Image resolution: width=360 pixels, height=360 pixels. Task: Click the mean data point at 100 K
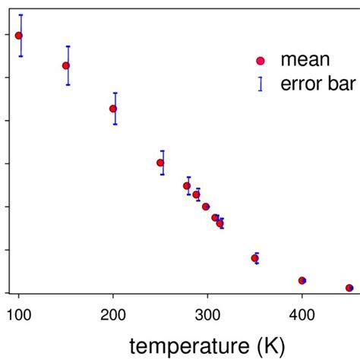point(19,36)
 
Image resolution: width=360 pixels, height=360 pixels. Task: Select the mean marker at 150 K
point(66,65)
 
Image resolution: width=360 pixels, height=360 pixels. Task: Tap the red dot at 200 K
point(113,109)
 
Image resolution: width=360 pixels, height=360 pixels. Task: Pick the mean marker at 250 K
point(160,163)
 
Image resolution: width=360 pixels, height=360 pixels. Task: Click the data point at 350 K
point(255,258)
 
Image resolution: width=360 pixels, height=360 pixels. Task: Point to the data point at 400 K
point(302,280)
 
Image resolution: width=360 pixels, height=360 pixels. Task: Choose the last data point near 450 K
point(349,288)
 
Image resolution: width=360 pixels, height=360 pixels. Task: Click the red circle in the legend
point(261,61)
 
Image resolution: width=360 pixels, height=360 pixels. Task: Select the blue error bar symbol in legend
point(261,84)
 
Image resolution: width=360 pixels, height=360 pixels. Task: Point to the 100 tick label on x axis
point(19,312)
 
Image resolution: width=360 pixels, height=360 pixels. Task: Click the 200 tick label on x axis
point(113,312)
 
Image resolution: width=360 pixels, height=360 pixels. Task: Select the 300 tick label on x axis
point(207,312)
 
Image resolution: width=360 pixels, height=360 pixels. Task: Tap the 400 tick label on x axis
point(302,312)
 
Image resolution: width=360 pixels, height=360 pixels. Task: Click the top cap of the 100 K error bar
point(21,15)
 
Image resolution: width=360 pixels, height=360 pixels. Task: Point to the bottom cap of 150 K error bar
point(68,84)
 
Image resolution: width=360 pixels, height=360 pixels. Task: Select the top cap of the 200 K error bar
point(115,93)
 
